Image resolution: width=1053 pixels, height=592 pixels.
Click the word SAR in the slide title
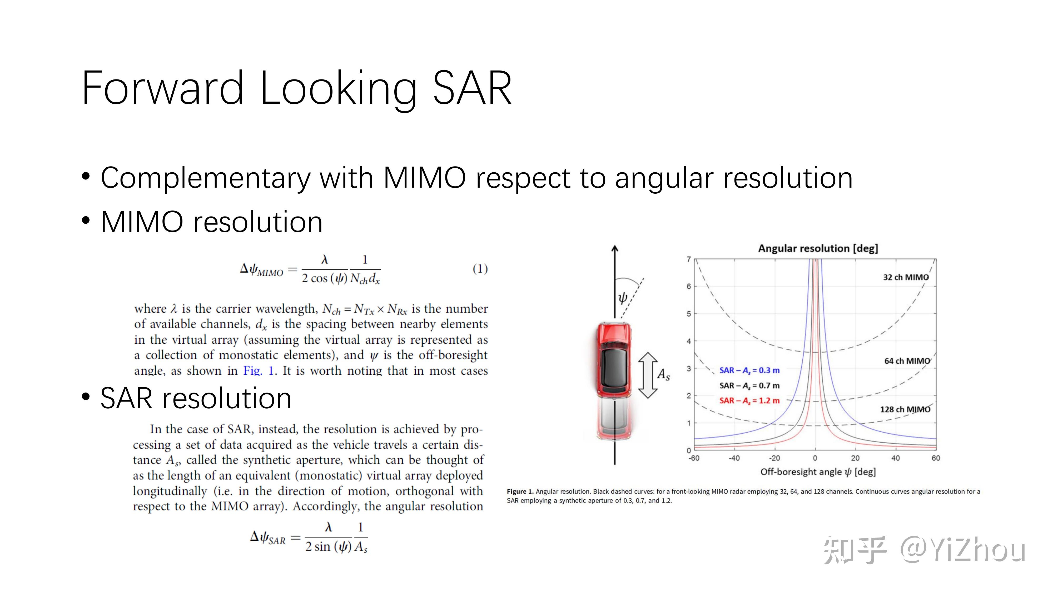[472, 88]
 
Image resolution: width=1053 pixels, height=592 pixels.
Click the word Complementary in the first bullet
[206, 179]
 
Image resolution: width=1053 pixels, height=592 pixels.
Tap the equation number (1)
[480, 269]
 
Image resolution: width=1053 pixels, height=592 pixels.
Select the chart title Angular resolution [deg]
[818, 248]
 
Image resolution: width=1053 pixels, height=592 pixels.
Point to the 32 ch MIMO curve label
[906, 277]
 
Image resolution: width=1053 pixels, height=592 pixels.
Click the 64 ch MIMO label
[907, 361]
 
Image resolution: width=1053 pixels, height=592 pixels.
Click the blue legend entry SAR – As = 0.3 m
[749, 370]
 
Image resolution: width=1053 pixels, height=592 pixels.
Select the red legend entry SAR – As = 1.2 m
[749, 401]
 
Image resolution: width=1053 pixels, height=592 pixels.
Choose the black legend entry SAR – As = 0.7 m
[749, 386]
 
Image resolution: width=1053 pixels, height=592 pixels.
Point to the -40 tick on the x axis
[734, 458]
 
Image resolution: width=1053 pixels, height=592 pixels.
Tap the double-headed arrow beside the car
[648, 375]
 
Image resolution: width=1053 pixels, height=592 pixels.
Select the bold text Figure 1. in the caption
[520, 491]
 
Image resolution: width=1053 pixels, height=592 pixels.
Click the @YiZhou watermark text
[963, 550]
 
